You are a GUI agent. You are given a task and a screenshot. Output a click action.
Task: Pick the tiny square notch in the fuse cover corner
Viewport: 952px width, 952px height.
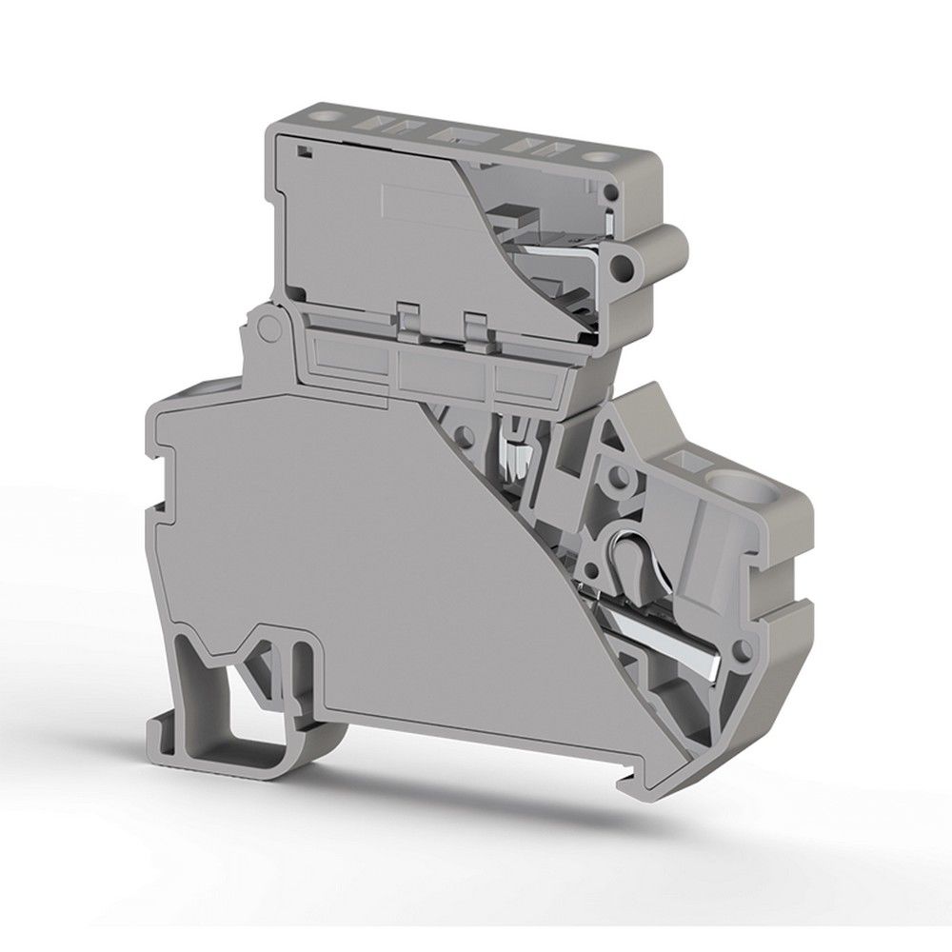[x=302, y=150]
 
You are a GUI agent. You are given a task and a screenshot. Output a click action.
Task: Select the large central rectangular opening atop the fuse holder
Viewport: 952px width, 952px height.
[x=452, y=133]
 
